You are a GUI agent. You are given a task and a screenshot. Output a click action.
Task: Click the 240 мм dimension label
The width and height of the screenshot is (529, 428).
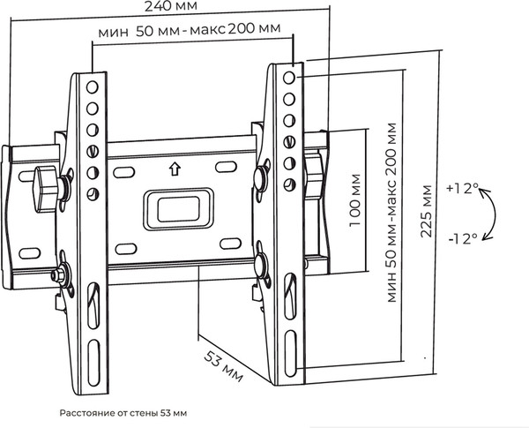pos(172,6)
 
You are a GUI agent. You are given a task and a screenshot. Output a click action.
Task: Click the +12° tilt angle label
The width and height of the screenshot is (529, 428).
pos(463,189)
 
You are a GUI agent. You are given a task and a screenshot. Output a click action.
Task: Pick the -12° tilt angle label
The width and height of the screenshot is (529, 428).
pos(463,237)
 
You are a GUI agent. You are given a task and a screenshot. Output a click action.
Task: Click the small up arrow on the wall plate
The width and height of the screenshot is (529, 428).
pos(174,167)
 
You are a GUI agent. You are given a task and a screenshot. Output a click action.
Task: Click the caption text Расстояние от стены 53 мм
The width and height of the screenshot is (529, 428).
pos(124,412)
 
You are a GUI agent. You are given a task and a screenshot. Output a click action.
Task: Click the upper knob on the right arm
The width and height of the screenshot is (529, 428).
pos(262,175)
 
